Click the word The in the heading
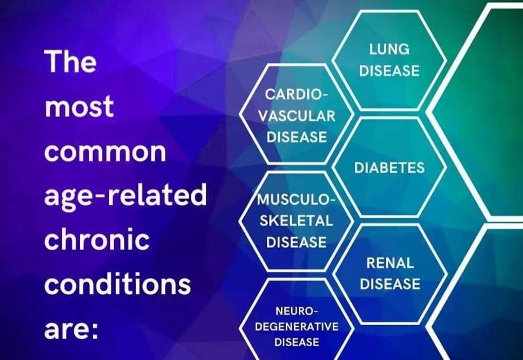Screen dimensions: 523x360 pyautogui.click(x=70, y=61)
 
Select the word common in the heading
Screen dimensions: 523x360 pyautogui.click(x=105, y=152)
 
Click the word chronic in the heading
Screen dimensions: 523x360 pyautogui.click(x=97, y=239)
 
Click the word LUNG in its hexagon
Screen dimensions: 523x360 pyautogui.click(x=389, y=49)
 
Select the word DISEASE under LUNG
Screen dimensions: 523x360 pyautogui.click(x=389, y=71)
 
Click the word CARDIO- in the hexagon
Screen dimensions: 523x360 pyautogui.click(x=297, y=95)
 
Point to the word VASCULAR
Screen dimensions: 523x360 pyautogui.click(x=297, y=116)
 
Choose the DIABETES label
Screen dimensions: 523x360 pyautogui.click(x=389, y=168)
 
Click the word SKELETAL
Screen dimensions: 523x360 pyautogui.click(x=296, y=221)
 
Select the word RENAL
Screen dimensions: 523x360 pyautogui.click(x=390, y=263)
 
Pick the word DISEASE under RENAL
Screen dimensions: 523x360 pyautogui.click(x=390, y=284)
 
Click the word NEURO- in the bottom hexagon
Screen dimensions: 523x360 pyautogui.click(x=297, y=311)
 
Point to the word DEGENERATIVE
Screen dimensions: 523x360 pyautogui.click(x=297, y=326)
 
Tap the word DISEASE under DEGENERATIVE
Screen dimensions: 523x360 pyautogui.click(x=297, y=342)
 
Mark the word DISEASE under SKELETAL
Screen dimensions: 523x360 pyautogui.click(x=296, y=242)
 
